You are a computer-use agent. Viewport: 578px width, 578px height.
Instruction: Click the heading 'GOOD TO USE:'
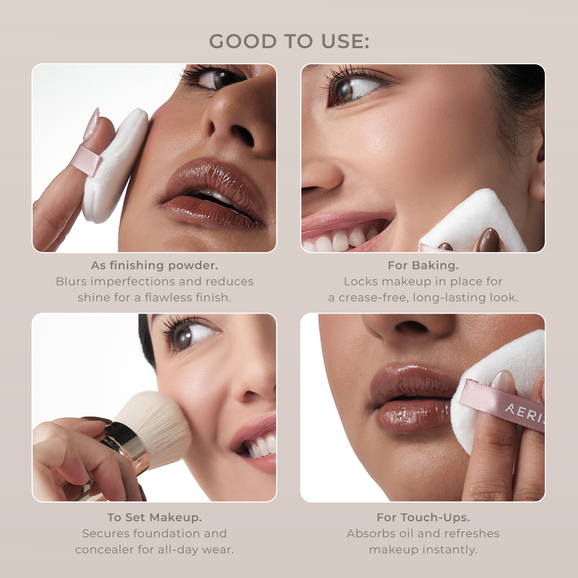(289, 41)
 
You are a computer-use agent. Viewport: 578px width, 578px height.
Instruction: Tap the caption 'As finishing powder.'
(155, 265)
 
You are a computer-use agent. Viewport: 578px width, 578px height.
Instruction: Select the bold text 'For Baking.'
(423, 265)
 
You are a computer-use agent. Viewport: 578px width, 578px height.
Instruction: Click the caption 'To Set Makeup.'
(155, 517)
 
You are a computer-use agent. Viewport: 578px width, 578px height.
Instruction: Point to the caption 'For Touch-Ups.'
(423, 517)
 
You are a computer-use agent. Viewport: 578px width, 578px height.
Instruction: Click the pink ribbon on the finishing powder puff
(86, 160)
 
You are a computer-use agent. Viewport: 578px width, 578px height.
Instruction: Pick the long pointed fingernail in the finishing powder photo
(91, 125)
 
